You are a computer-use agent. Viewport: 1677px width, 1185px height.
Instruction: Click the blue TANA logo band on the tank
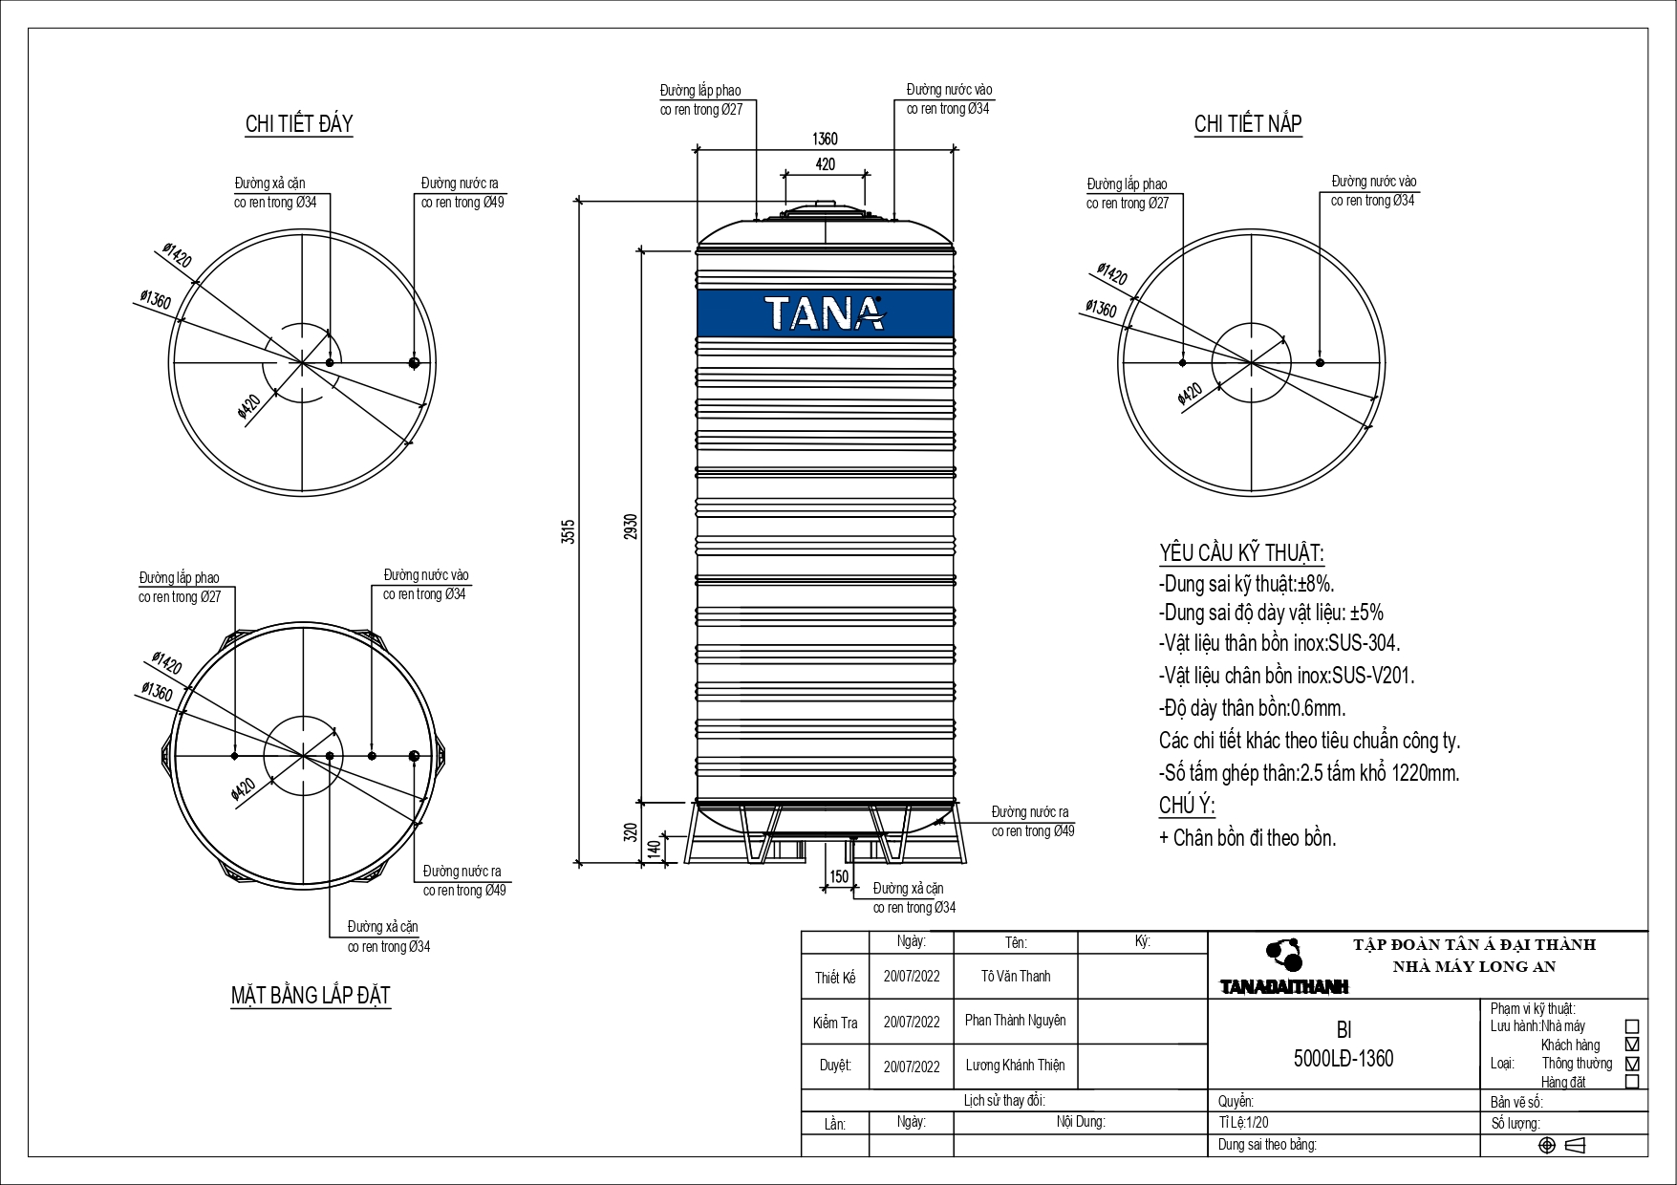click(x=826, y=312)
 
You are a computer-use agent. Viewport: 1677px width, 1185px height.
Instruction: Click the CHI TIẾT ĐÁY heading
click(x=299, y=123)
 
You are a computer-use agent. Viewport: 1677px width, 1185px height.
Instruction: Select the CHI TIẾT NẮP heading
click(x=1248, y=123)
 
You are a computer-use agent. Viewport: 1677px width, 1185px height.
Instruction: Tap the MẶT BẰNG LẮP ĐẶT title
click(x=311, y=995)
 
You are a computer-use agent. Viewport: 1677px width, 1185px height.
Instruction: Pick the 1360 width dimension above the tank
click(x=825, y=140)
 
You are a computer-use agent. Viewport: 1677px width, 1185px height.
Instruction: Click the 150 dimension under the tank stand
click(x=839, y=876)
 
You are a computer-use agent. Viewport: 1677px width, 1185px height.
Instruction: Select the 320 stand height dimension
click(x=630, y=831)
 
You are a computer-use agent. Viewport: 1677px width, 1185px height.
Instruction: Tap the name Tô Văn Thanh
click(x=1016, y=976)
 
